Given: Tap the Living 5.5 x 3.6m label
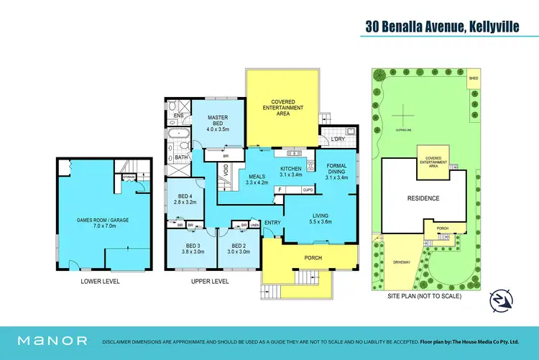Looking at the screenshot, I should pos(321,218).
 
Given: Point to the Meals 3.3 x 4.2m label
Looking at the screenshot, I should pos(256,179).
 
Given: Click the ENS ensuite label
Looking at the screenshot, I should pos(178,114).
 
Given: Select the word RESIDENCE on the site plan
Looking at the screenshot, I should pos(423,198).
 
